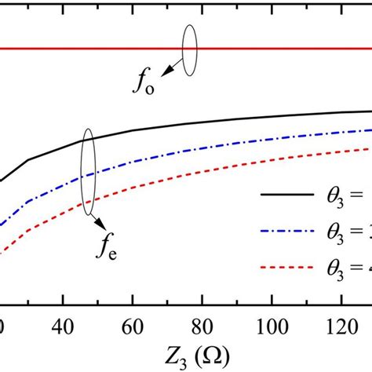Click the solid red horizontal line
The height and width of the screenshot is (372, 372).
[94, 49]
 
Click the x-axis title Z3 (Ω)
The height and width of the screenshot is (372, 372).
[187, 353]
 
